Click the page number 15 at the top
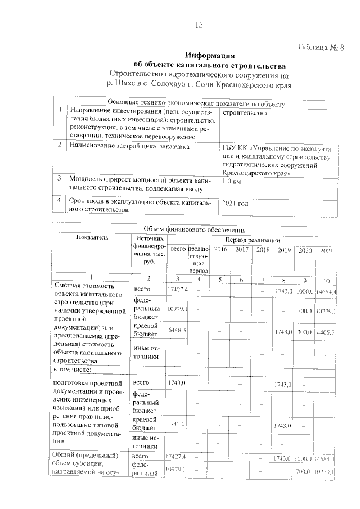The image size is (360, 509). [199, 24]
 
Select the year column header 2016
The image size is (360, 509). [220, 249]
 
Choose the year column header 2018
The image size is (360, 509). [263, 249]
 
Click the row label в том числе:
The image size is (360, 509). [75, 370]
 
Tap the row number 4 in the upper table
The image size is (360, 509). [59, 200]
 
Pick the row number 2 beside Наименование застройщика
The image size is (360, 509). [59, 145]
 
